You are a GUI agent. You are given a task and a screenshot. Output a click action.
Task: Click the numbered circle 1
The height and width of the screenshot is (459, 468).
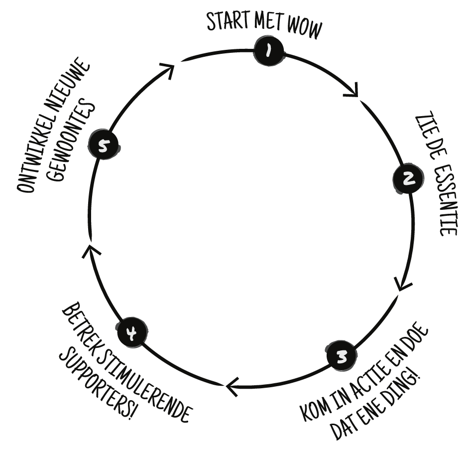coord(269,50)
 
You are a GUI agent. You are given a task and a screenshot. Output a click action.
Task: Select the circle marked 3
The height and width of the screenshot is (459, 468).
coord(342,356)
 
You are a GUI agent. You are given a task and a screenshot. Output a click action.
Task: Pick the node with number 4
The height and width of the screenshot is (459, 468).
coord(132,332)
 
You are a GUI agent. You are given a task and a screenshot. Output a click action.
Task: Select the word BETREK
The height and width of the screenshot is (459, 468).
coord(80,326)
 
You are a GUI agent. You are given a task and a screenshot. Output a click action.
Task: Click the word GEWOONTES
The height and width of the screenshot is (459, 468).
coord(72,141)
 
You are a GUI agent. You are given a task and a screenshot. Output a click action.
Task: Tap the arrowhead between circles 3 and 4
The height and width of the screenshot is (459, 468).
coord(232,387)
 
